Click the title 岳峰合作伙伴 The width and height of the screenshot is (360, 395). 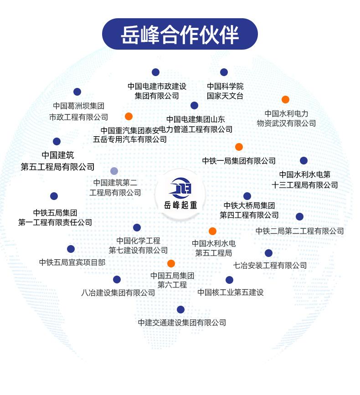(x=180, y=35)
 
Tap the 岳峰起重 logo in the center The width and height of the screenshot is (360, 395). (x=180, y=194)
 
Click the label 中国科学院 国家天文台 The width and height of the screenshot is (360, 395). (x=225, y=91)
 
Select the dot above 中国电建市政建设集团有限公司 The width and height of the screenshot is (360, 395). (x=155, y=72)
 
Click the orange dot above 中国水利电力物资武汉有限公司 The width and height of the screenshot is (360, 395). (x=285, y=99)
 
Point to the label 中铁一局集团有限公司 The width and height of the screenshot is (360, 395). (x=239, y=161)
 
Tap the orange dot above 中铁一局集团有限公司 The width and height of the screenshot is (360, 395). (x=239, y=147)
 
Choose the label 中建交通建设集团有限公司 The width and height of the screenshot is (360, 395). (x=182, y=323)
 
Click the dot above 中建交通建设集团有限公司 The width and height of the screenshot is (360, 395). (x=180, y=309)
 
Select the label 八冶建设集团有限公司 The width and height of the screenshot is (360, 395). (x=118, y=292)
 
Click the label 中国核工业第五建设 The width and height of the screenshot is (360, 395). (x=231, y=292)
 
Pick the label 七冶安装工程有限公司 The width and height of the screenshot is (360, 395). (x=270, y=265)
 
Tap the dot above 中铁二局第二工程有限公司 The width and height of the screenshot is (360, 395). (x=299, y=216)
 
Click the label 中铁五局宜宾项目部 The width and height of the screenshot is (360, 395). (x=72, y=262)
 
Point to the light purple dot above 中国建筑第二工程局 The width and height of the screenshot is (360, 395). (x=114, y=171)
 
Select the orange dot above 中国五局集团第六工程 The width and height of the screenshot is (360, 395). (x=171, y=263)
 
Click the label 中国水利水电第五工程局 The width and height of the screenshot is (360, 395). (x=214, y=248)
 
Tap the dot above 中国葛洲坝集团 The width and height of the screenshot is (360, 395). (x=77, y=92)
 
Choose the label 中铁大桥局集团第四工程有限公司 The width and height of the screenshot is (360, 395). (x=249, y=210)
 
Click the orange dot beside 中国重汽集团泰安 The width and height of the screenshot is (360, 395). (x=129, y=116)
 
